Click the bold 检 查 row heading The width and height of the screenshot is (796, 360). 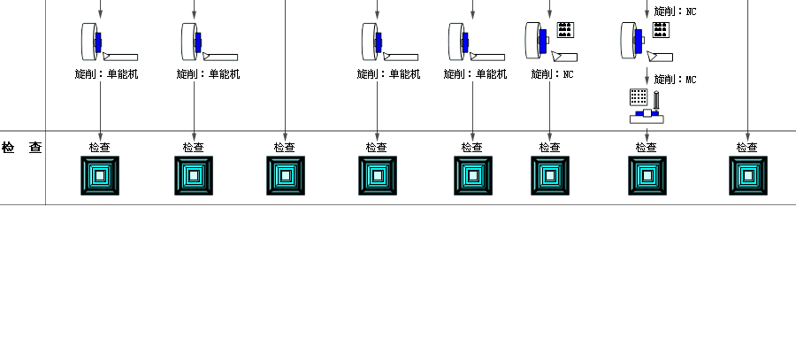22,148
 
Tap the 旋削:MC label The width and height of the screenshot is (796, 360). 675,80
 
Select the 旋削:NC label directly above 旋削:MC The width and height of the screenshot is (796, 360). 675,11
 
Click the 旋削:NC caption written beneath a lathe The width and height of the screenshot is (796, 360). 552,74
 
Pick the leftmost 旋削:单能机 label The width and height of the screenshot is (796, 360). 106,74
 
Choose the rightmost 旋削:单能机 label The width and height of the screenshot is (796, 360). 475,74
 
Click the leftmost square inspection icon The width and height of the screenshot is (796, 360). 100,175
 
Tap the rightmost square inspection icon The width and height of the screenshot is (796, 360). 747,175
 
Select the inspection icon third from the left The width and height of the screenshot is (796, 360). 285,175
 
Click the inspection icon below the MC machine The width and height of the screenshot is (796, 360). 647,175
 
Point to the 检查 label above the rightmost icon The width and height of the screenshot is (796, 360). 747,148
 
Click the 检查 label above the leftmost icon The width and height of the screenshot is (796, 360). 100,148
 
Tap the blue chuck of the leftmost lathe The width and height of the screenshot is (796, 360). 98,42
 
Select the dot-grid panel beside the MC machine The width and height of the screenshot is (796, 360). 638,96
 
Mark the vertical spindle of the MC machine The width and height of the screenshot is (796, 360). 656,100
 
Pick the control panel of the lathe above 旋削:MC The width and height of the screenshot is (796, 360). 660,30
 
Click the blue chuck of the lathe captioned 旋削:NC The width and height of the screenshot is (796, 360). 542,39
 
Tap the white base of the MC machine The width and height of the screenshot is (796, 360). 647,119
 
